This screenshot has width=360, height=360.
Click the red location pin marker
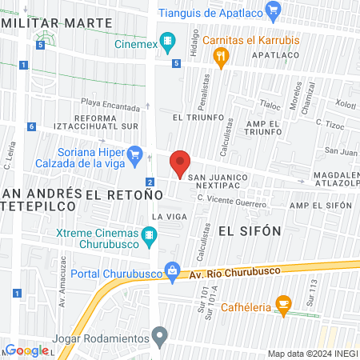(x=180, y=162)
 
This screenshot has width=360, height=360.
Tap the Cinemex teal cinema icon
(x=167, y=40)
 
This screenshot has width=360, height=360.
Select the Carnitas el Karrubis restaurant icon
(x=222, y=56)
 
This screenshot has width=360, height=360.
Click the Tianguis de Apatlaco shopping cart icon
(x=274, y=11)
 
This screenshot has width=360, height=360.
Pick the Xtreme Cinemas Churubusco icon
(x=148, y=235)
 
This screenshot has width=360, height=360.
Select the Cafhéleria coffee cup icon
(x=282, y=303)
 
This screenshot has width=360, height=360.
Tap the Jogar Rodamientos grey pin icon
(x=161, y=334)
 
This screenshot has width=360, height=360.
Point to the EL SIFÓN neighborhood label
(x=250, y=230)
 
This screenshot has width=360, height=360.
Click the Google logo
(x=26, y=350)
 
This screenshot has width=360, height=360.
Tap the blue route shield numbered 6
(x=30, y=126)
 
